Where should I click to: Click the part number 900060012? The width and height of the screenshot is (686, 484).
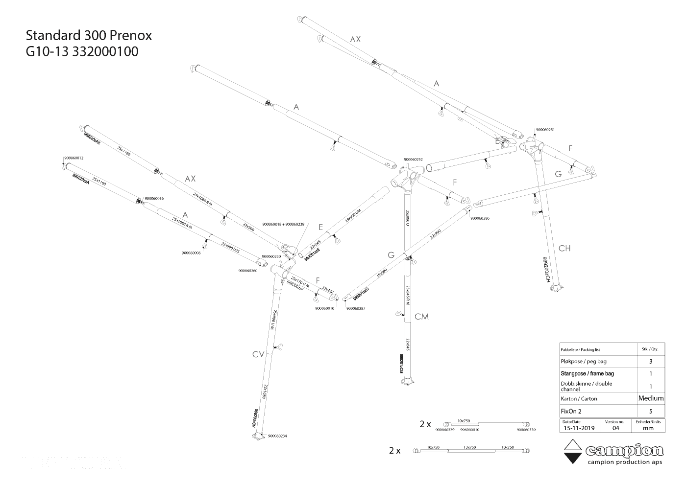coord(73,158)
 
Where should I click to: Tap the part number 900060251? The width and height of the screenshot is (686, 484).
coord(544,130)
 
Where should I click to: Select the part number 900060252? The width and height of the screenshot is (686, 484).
coord(413,160)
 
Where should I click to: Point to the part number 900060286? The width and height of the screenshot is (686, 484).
coord(480,218)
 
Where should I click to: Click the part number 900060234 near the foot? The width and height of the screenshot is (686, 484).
coord(277,436)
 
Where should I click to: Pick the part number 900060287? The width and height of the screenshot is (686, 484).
coord(356,308)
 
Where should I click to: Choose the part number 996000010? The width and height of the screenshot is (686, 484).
coord(470,430)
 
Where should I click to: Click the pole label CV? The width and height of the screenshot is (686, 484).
coord(258,355)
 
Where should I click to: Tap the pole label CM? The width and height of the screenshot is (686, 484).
coord(421,317)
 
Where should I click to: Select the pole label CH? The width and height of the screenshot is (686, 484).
coord(564,249)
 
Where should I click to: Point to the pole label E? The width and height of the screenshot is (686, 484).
coord(320,227)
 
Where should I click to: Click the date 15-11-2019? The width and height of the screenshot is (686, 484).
coord(578,428)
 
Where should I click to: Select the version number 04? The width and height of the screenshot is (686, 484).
coord(615,428)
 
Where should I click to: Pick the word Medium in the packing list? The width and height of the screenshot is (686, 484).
coord(651,398)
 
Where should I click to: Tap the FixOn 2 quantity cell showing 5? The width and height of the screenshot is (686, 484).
coord(651,412)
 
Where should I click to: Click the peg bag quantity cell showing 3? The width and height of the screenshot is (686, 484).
coord(651,362)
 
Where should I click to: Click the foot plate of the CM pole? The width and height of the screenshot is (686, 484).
coord(408,383)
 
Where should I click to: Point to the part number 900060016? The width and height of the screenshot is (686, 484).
coord(154,198)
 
